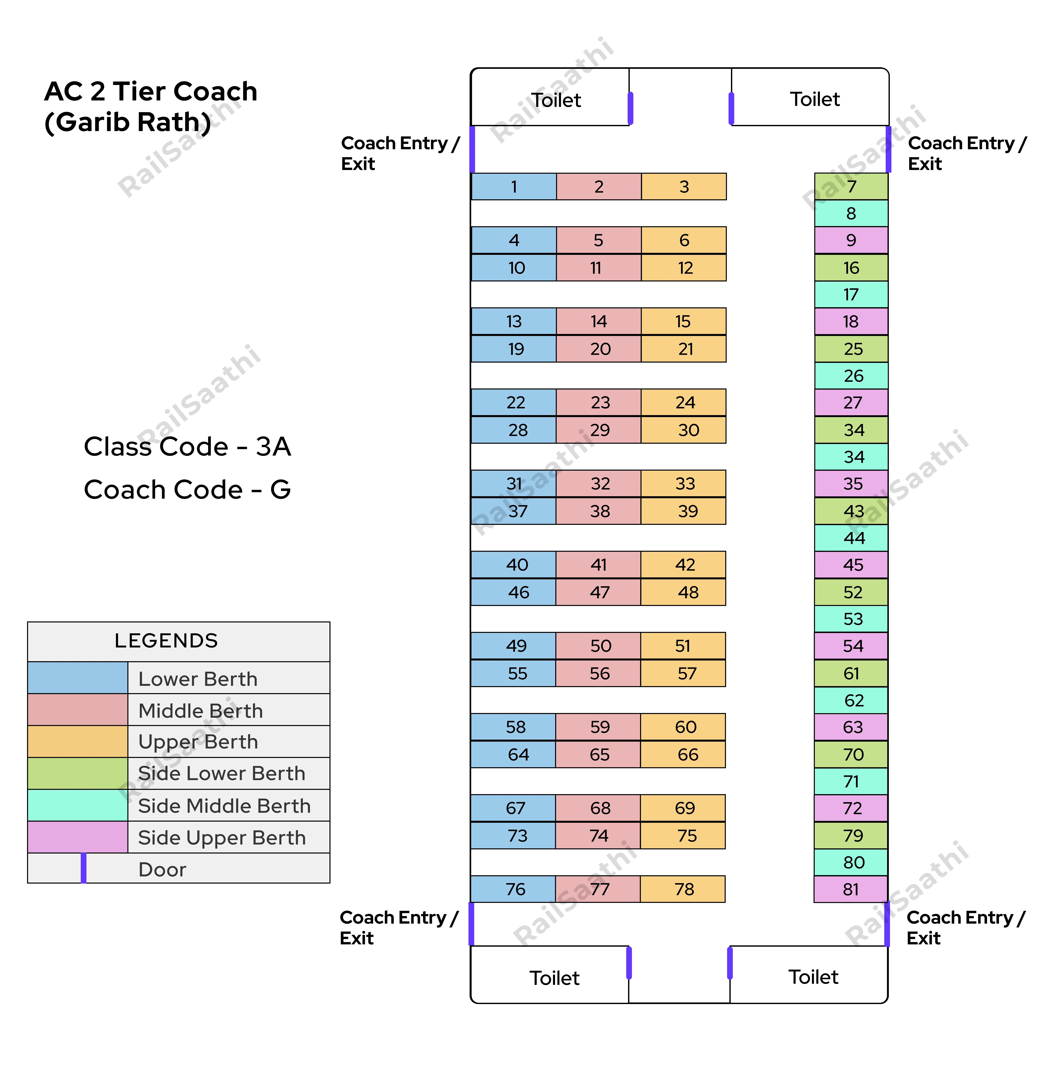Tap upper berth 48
point(683,592)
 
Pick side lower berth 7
point(851,186)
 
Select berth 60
point(683,727)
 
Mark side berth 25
point(851,349)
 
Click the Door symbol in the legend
point(83,868)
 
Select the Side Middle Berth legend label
point(224,806)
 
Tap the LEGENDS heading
point(166,641)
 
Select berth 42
point(683,564)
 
